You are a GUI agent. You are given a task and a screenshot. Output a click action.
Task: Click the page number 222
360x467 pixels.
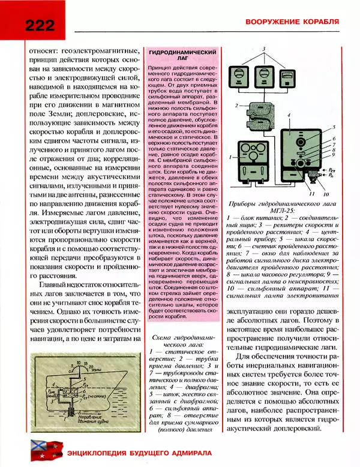[x=40, y=23]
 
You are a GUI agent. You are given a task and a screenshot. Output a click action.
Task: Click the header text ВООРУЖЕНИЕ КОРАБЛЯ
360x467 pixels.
[x=290, y=22]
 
